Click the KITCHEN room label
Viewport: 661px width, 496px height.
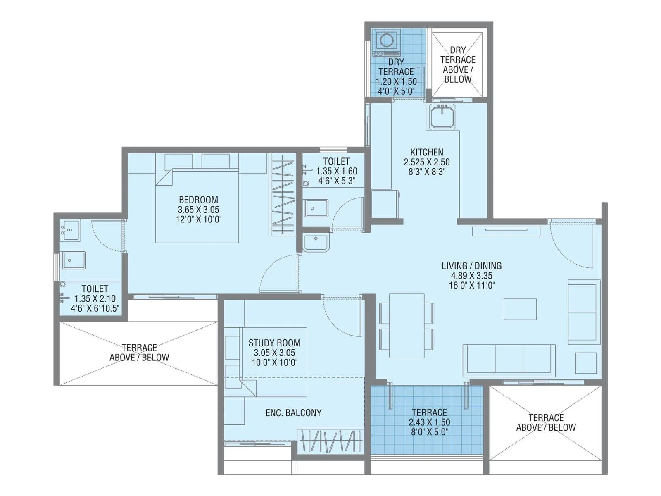tap(427, 152)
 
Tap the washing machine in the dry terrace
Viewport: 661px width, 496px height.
tap(386, 42)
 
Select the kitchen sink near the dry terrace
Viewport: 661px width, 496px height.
tap(442, 116)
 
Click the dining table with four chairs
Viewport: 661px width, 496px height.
tap(407, 326)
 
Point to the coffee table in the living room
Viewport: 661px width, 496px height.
tap(520, 309)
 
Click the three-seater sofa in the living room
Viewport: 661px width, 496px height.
tap(509, 359)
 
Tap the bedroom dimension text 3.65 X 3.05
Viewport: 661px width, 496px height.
tap(198, 210)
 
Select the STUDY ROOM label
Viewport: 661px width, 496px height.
tap(274, 343)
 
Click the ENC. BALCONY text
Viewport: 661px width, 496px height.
tap(293, 413)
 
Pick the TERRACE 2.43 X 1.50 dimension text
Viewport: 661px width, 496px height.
tap(429, 422)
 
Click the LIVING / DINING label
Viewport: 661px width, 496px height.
tap(471, 266)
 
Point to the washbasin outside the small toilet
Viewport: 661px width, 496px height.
tap(316, 242)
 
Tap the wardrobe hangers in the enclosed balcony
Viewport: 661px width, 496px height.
tap(330, 441)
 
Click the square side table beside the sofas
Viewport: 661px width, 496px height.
tap(585, 363)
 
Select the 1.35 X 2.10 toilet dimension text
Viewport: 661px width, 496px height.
tap(95, 298)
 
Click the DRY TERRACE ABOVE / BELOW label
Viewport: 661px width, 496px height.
tap(457, 64)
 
